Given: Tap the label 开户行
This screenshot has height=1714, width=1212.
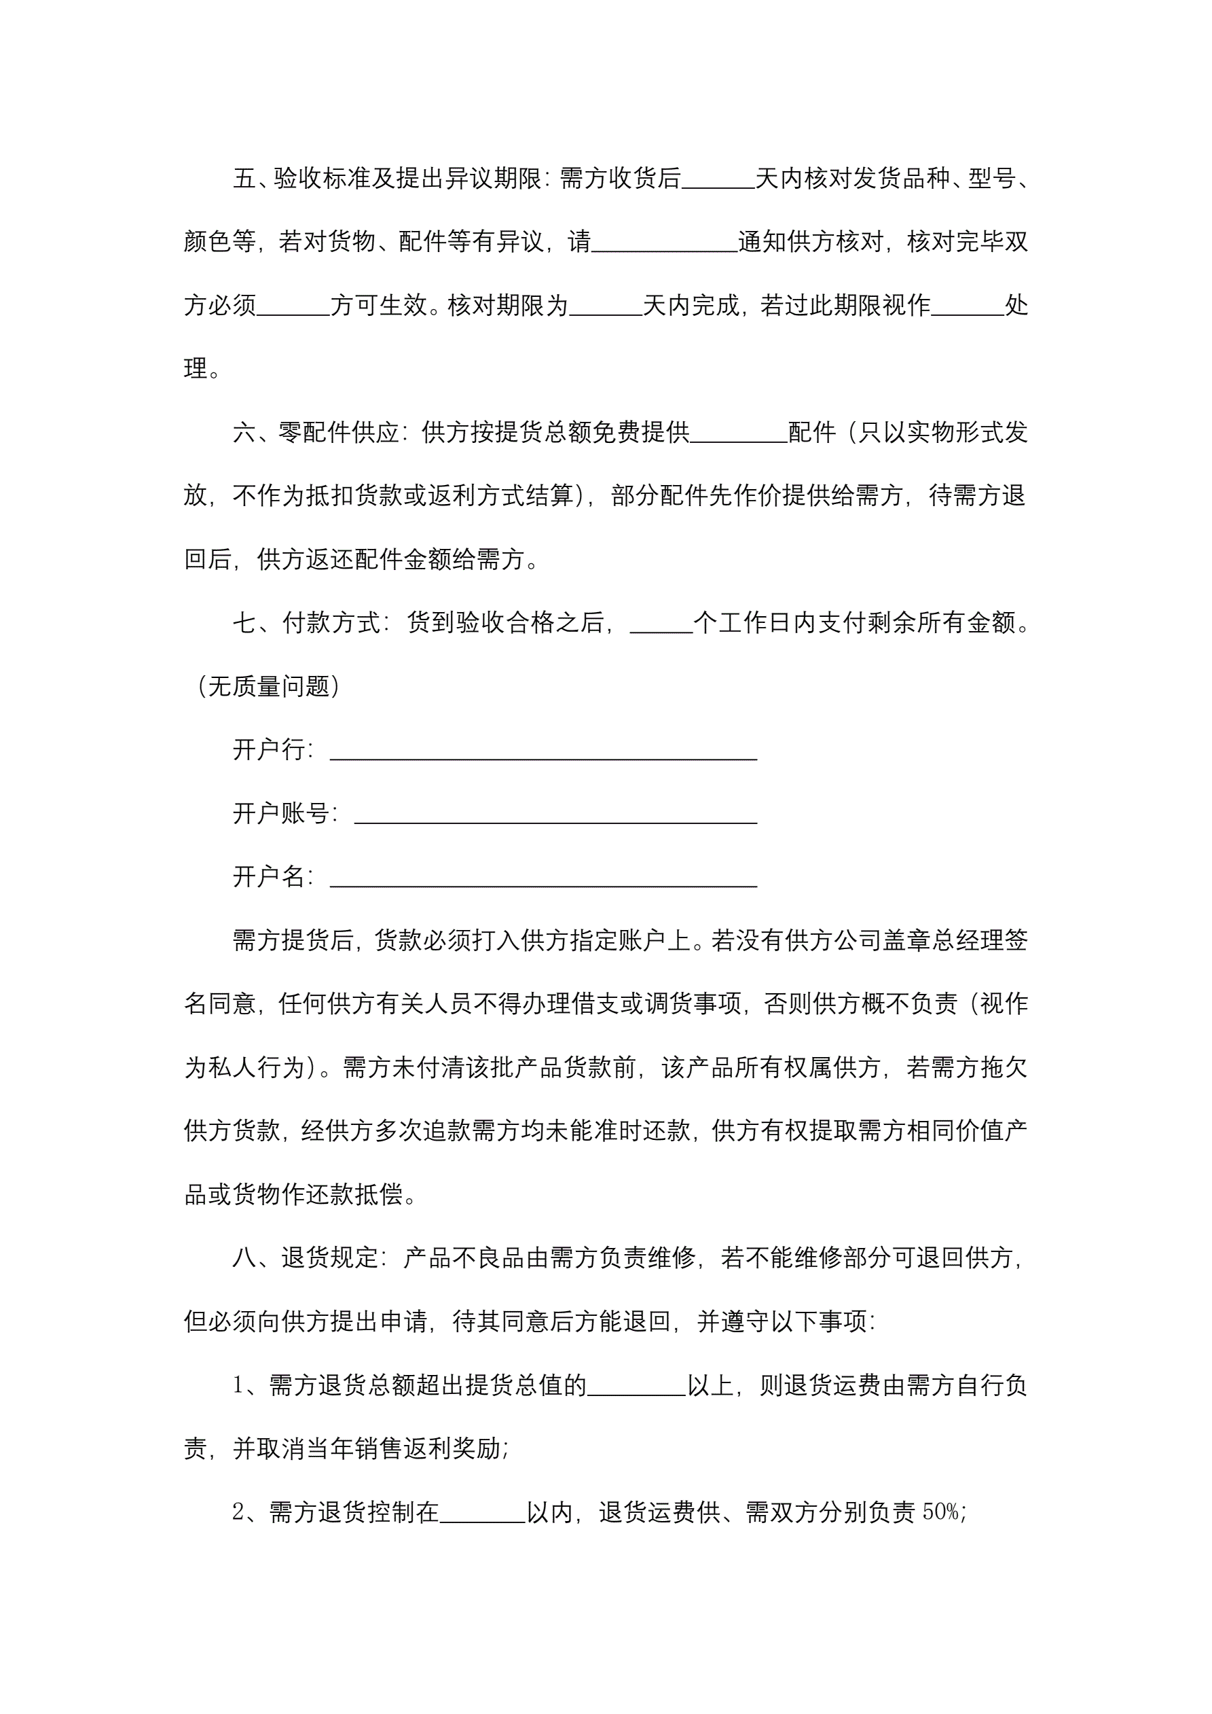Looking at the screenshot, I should (269, 749).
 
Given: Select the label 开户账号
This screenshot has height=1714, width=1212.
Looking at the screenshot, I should (280, 813).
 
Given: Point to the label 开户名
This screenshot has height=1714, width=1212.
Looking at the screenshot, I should (269, 876).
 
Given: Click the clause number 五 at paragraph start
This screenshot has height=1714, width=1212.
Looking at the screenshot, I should (244, 179).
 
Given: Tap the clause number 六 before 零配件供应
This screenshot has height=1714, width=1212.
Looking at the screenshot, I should (244, 432).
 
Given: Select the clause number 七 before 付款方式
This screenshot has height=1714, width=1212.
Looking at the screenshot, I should (244, 622).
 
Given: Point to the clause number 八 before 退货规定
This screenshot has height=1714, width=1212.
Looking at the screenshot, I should (244, 1258).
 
